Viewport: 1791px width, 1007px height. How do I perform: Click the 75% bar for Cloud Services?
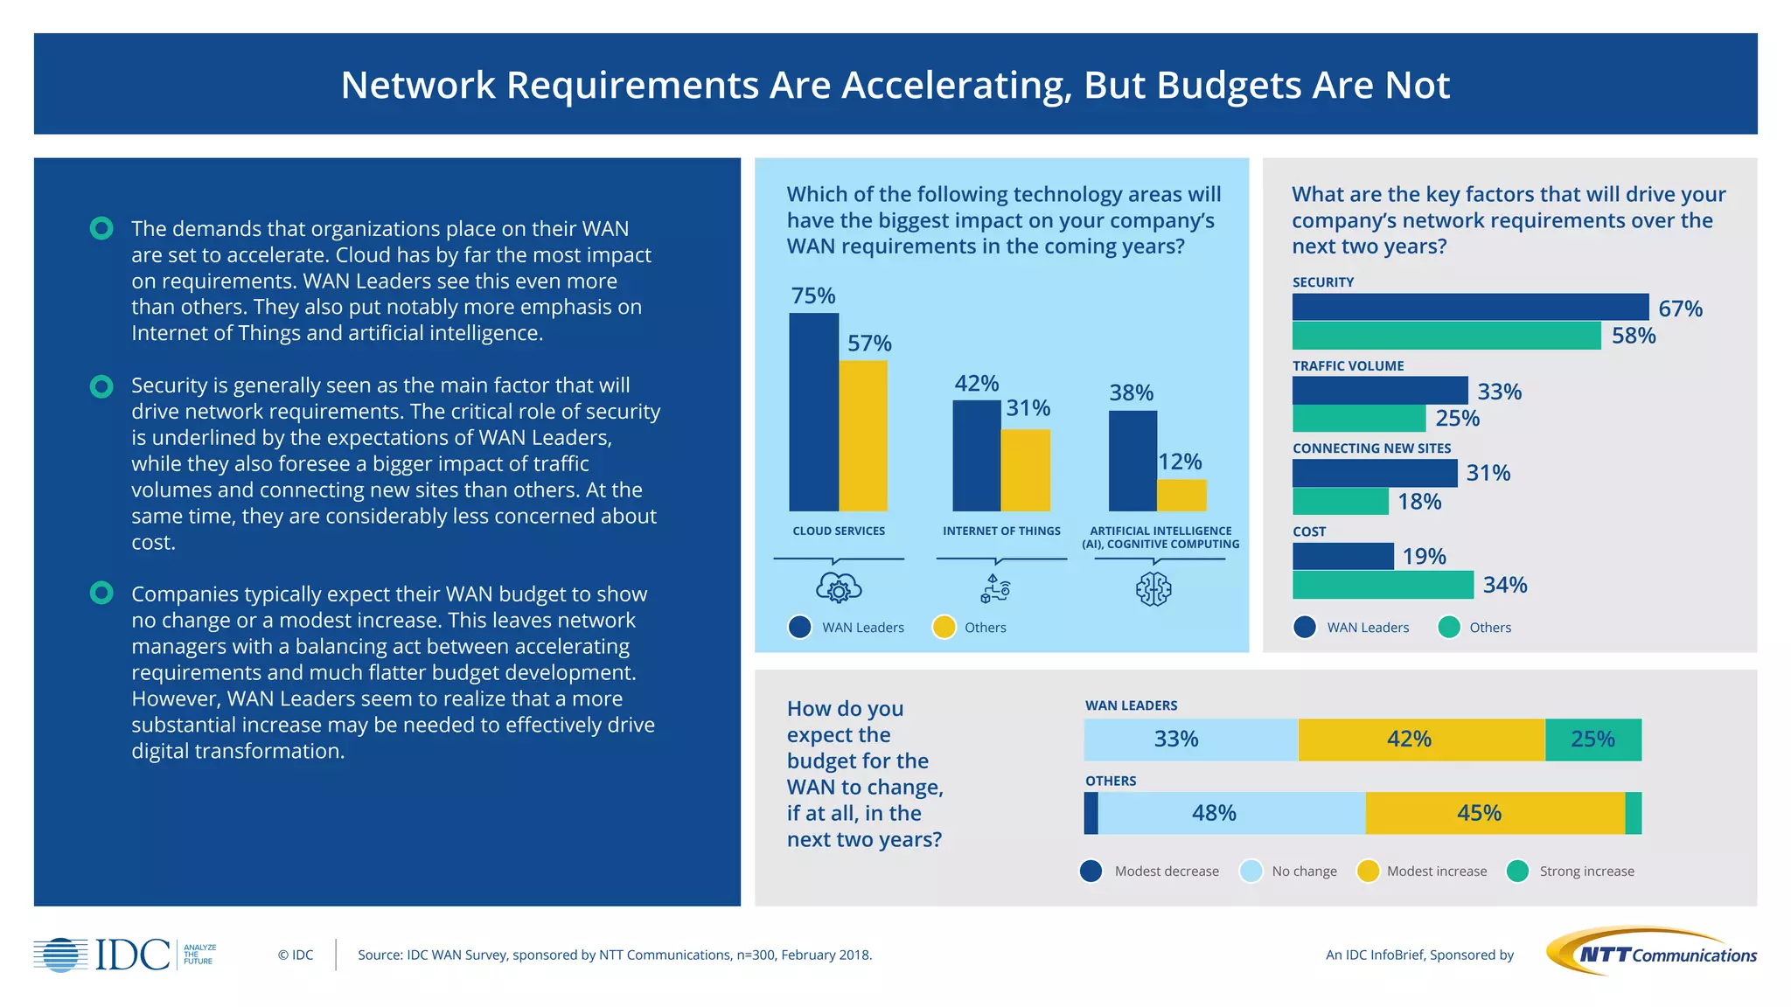click(x=813, y=412)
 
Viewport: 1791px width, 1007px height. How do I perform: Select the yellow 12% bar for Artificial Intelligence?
click(x=1181, y=495)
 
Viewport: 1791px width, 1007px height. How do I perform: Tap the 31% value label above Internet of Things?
click(x=1028, y=408)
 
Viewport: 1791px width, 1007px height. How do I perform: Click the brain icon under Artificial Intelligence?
click(x=1153, y=589)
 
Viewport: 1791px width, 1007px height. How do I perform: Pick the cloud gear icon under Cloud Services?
click(x=839, y=588)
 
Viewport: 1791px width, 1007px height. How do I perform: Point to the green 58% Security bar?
click(x=1446, y=336)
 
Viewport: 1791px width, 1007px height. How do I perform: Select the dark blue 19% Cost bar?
click(x=1342, y=556)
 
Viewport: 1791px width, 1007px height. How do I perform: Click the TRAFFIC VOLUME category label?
click(x=1348, y=366)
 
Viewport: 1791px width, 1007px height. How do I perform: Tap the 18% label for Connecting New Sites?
click(x=1418, y=502)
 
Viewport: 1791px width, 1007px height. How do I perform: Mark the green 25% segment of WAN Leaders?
click(x=1592, y=740)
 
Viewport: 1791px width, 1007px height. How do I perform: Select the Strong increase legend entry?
click(x=1571, y=872)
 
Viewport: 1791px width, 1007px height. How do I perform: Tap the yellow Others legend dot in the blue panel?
click(x=944, y=628)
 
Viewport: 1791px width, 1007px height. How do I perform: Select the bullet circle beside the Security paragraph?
click(x=101, y=386)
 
